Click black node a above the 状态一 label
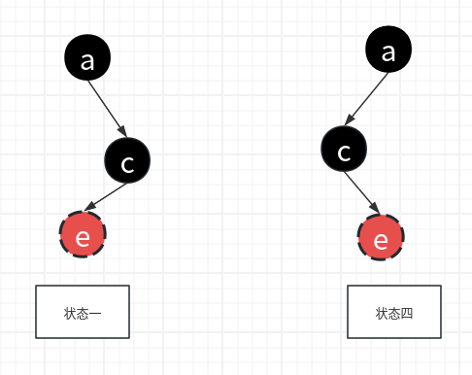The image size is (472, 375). [87, 59]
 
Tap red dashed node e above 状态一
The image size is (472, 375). [83, 235]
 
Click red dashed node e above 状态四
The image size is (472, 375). [382, 237]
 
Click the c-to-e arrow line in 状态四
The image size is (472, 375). [361, 191]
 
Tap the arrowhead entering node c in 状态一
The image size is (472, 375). [122, 133]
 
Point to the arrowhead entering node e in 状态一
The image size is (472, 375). [88, 207]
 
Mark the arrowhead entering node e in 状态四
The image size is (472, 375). [374, 209]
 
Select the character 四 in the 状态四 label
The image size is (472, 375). [408, 313]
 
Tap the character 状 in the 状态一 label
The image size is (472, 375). [70, 313]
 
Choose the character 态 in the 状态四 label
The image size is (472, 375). [395, 313]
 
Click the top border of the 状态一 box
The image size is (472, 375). [83, 287]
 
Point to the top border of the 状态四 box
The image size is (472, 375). [394, 287]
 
